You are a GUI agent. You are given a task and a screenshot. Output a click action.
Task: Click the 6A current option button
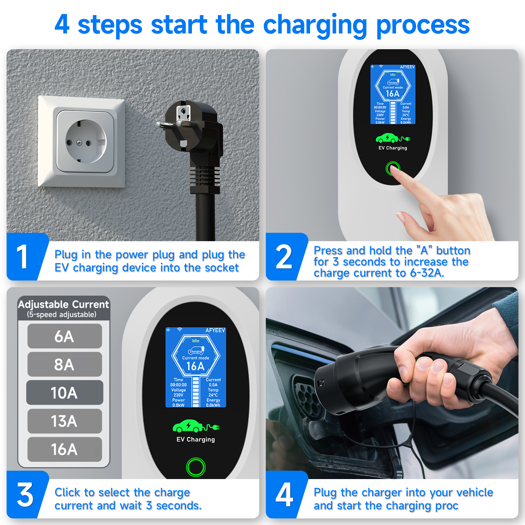65,336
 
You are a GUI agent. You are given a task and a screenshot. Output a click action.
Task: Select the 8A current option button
65,364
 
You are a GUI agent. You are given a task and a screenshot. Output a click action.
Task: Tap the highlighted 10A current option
65,392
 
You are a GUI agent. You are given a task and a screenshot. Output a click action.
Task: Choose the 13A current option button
65,421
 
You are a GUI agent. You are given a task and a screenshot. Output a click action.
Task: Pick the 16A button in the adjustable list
65,449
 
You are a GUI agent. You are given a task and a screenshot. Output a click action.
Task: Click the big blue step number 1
22,257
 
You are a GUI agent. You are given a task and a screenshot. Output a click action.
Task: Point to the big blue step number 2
284,257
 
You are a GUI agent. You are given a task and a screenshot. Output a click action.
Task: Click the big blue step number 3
25,494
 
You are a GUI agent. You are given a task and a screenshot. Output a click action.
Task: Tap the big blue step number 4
284,494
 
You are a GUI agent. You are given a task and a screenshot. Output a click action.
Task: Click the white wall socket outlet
81,141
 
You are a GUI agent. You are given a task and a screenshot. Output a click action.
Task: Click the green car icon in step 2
392,138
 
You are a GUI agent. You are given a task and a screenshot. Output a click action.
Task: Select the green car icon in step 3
196,426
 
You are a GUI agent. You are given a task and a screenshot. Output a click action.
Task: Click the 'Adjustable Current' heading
63,304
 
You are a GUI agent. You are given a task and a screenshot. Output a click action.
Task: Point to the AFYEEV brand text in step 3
215,330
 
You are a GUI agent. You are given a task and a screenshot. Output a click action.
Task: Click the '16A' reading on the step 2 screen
392,94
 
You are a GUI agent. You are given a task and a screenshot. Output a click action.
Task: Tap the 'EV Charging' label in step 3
196,439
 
